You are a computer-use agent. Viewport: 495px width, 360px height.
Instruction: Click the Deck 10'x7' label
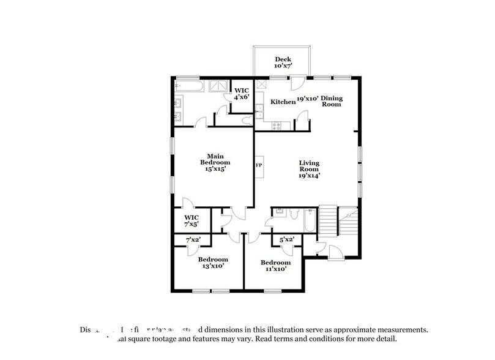(283, 63)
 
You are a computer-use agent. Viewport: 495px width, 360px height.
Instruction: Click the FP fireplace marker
(258, 165)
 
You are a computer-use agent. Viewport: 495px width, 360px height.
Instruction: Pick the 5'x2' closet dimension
(286, 240)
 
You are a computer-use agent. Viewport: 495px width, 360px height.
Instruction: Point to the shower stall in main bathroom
(219, 86)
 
